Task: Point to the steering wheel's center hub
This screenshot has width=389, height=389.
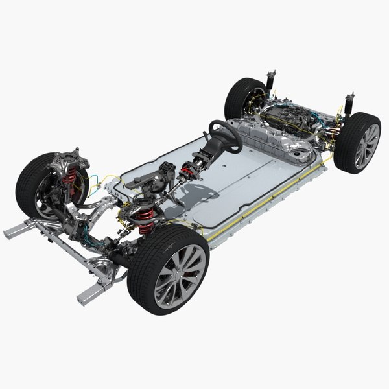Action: tap(221, 132)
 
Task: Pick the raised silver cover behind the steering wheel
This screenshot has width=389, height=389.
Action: tap(259, 138)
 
